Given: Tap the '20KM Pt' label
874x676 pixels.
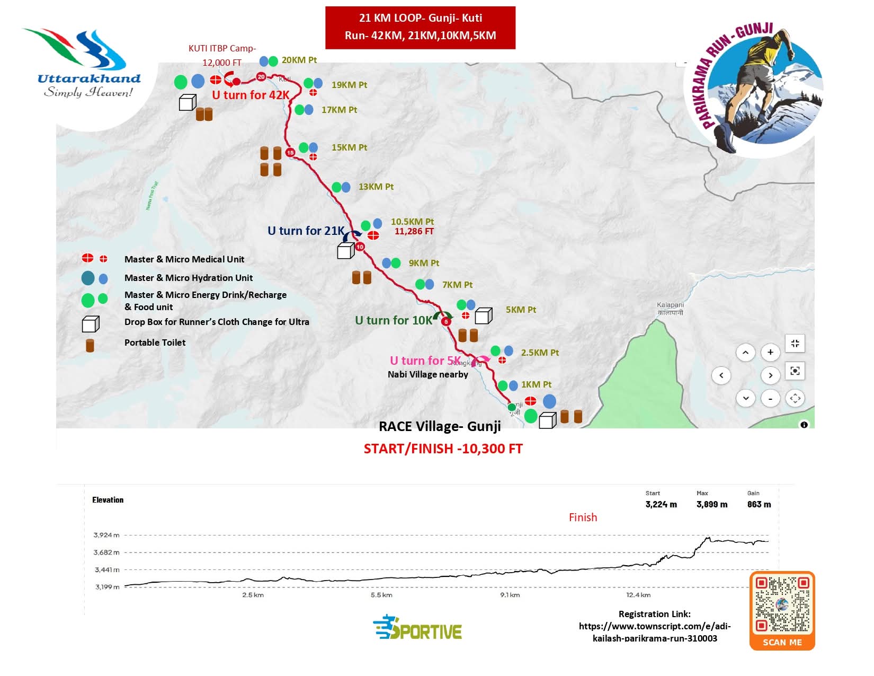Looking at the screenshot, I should (x=299, y=60).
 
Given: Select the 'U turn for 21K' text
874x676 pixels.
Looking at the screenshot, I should (x=306, y=231).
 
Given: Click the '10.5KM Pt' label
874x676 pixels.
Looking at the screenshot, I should (x=412, y=222).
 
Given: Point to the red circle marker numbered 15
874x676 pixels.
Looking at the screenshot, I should (x=290, y=153).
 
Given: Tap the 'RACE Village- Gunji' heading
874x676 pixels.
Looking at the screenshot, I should (x=440, y=427).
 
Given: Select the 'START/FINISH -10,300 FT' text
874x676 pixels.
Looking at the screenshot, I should (x=443, y=449).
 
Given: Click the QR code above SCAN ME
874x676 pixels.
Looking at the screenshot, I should (x=782, y=604).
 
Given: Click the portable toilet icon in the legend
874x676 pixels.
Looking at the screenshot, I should (x=90, y=346).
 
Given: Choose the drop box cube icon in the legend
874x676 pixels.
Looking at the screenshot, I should (x=90, y=323).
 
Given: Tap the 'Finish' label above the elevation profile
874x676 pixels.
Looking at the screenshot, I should (x=583, y=517).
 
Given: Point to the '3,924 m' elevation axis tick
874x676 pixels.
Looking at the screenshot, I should (x=106, y=535).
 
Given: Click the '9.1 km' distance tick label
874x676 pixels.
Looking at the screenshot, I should (x=510, y=595).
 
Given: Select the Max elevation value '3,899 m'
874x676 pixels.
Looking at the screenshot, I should (x=711, y=504).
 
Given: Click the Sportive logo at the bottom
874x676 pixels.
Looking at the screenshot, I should (x=417, y=628).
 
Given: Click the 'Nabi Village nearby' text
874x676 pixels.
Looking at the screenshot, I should (x=427, y=374).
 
